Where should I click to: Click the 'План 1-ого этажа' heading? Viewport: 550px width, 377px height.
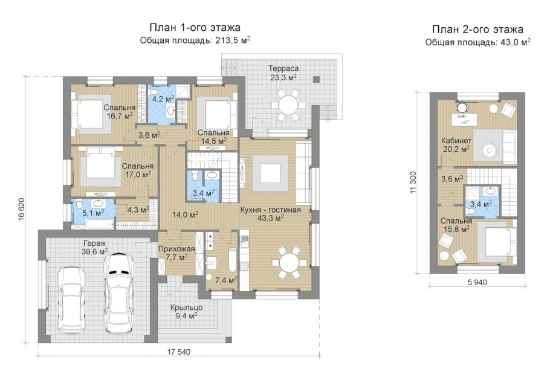point(195,27)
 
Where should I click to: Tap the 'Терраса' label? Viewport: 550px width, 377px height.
point(283,68)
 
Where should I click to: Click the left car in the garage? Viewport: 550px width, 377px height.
point(72,300)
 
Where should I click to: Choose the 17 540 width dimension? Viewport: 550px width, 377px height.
point(179,352)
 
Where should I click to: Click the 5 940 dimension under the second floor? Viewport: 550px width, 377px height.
point(477,282)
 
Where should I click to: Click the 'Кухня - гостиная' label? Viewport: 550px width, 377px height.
point(271,210)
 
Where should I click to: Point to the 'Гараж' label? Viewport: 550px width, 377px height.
point(94,243)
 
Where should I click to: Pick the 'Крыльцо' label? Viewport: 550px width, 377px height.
point(186,308)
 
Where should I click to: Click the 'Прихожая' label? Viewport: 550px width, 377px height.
point(176,249)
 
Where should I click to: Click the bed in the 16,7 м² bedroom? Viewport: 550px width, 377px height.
point(91,114)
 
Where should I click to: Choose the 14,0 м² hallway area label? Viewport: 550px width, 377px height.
point(185,214)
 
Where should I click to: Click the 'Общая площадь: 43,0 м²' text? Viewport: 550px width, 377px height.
point(477,42)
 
